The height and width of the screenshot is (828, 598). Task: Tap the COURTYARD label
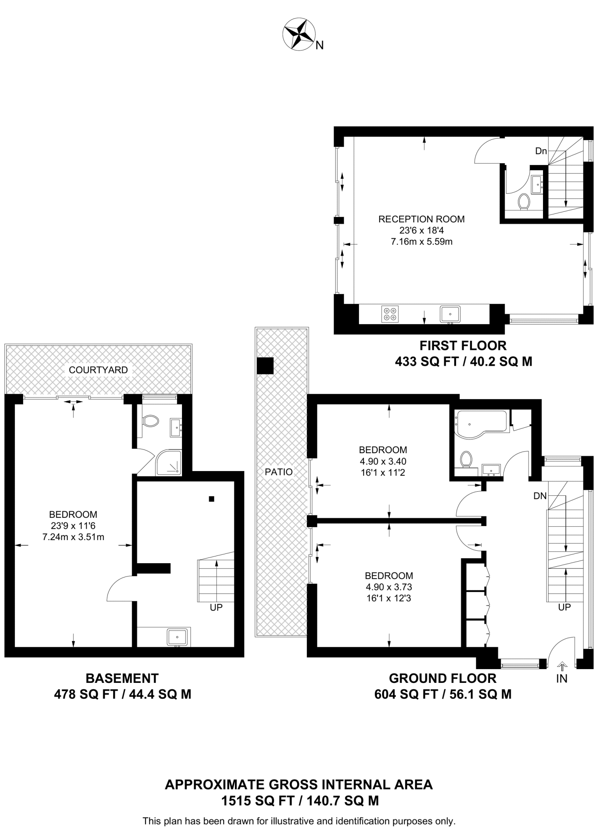(98, 370)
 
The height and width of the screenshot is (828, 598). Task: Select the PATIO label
(279, 471)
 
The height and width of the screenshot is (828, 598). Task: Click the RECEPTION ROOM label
(421, 219)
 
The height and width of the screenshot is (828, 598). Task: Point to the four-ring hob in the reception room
(390, 314)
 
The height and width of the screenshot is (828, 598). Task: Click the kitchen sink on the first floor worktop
(450, 314)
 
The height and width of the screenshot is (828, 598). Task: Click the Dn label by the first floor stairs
(541, 151)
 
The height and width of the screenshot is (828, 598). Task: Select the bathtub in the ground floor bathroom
(480, 423)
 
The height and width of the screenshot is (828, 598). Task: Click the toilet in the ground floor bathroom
(466, 460)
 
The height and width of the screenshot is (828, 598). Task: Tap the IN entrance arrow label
(562, 678)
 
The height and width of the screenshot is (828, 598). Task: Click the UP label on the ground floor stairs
(564, 607)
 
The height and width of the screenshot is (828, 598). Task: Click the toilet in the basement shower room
(150, 421)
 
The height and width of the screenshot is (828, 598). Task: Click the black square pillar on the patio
(265, 366)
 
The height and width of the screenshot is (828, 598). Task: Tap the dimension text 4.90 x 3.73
(389, 587)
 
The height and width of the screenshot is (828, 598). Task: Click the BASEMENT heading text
(122, 678)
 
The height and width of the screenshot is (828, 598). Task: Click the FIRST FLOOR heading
(463, 346)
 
